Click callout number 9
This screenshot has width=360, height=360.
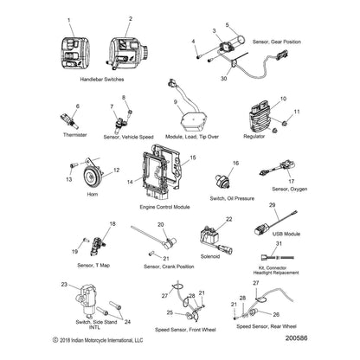click(x=176, y=102)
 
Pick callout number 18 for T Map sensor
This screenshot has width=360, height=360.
click(x=111, y=223)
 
